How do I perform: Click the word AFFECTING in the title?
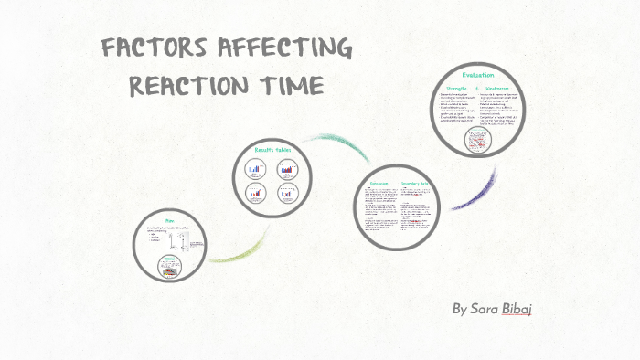pyautogui.click(x=283, y=49)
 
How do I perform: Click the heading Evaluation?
pyautogui.click(x=478, y=75)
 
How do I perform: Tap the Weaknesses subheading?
pyautogui.click(x=499, y=88)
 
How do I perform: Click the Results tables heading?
pyautogui.click(x=272, y=150)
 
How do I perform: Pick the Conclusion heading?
pyautogui.click(x=379, y=183)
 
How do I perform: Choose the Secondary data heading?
pyautogui.click(x=417, y=183)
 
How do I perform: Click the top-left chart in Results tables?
pyautogui.click(x=256, y=169)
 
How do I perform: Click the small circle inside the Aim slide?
pyautogui.click(x=169, y=267)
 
